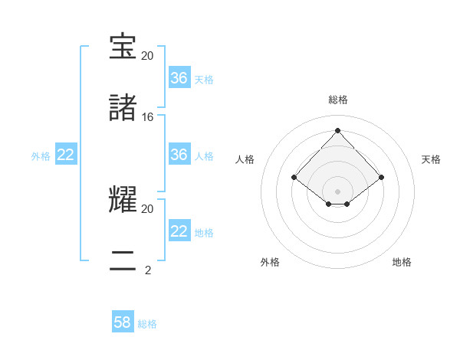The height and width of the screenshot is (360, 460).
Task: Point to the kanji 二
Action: click(x=123, y=260)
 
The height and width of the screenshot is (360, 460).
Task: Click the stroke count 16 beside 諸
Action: click(x=148, y=117)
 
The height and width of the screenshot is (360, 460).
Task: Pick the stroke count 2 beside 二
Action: click(x=148, y=270)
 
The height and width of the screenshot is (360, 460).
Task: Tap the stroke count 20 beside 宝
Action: click(x=148, y=56)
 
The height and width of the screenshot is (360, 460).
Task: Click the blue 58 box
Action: click(x=123, y=322)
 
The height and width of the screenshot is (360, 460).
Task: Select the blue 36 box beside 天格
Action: click(x=179, y=78)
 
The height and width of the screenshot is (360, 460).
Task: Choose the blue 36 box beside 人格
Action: click(x=179, y=155)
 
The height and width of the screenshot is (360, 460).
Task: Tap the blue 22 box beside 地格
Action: click(x=179, y=231)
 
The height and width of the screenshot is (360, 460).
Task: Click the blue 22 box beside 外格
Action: click(x=66, y=155)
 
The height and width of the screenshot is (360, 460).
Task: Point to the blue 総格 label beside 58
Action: click(x=147, y=324)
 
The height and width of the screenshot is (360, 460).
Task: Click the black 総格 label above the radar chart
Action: click(x=337, y=100)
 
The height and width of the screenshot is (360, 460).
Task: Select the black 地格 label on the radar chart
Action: click(x=402, y=262)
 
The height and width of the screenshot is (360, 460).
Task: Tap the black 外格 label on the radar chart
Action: click(x=270, y=262)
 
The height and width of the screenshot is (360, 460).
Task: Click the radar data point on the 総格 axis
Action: click(x=337, y=129)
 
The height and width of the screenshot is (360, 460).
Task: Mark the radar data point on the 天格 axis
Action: click(x=381, y=177)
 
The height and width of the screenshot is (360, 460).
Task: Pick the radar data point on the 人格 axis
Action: click(x=294, y=177)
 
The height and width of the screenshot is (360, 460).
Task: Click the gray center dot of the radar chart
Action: click(x=337, y=191)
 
